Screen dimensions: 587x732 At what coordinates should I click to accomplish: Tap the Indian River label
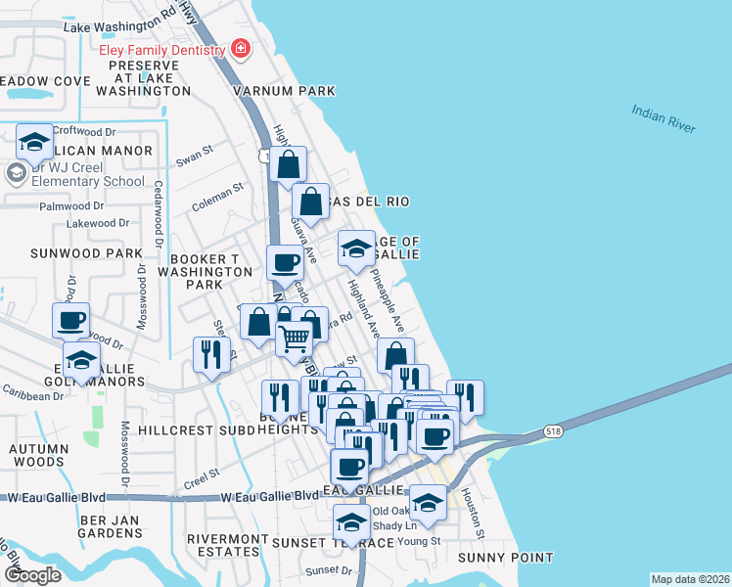(663, 119)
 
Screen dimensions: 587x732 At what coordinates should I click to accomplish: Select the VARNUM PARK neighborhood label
(284, 91)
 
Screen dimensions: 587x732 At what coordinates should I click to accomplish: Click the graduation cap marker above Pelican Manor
(34, 142)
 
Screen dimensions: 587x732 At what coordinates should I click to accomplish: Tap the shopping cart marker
(294, 339)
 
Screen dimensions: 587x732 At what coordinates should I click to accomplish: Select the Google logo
(32, 574)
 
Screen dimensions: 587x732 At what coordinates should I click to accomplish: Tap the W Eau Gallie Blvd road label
(257, 497)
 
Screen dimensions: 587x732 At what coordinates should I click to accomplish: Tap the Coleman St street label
(217, 197)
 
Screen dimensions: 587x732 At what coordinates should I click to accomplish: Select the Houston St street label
(473, 514)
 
